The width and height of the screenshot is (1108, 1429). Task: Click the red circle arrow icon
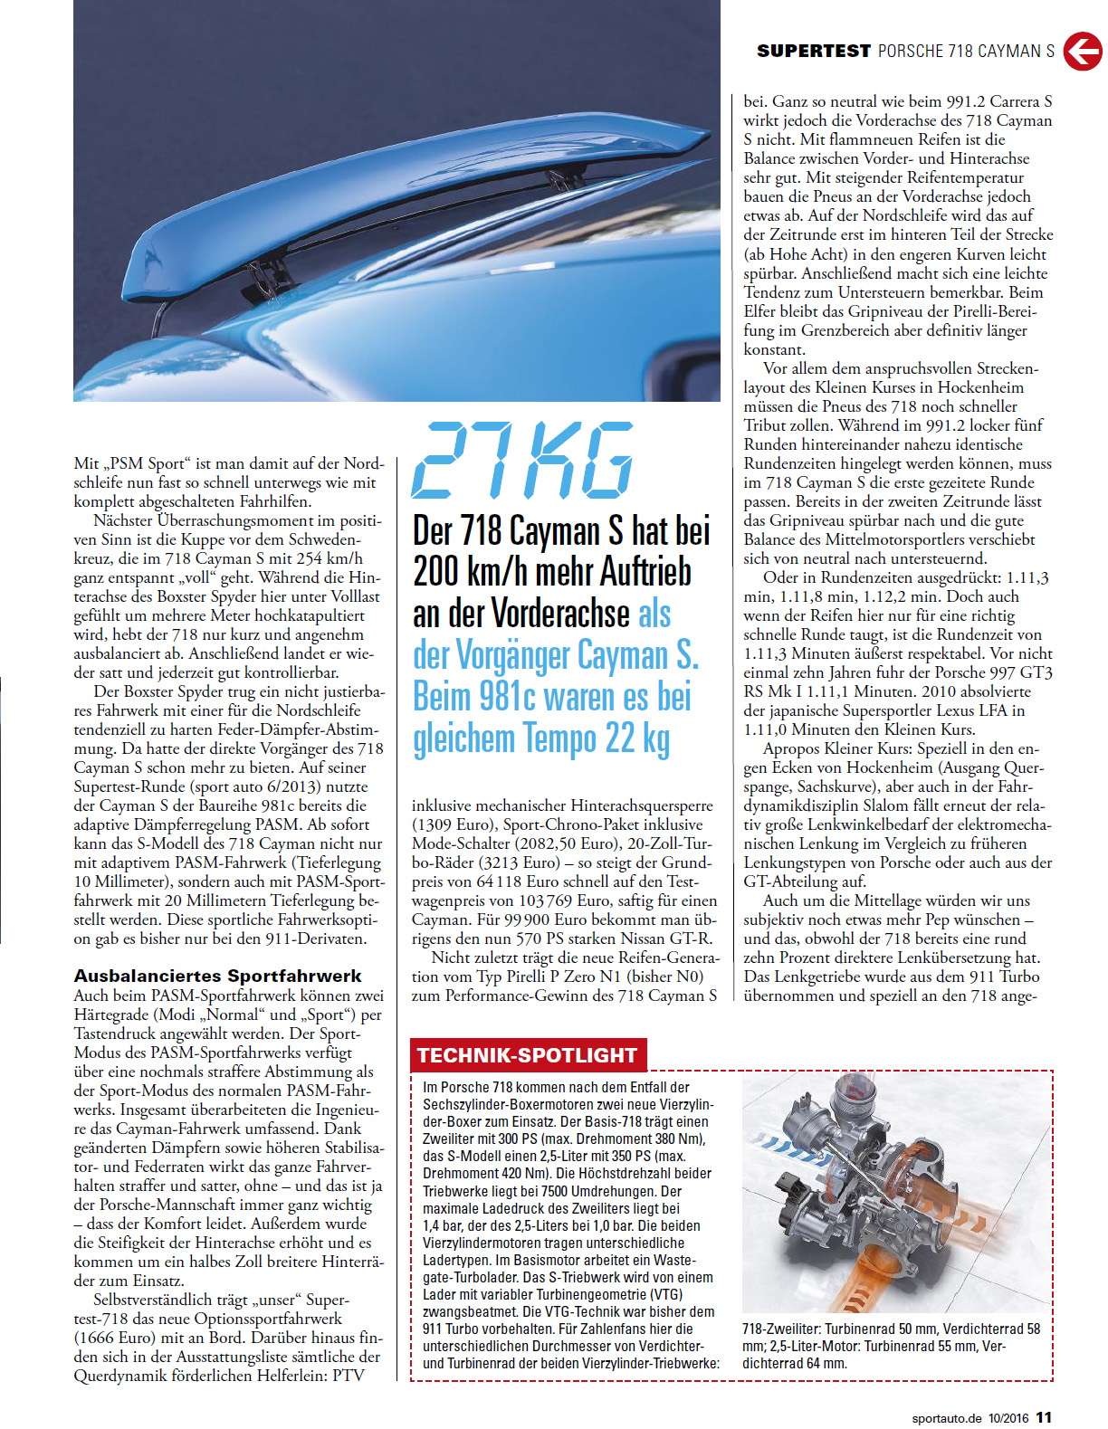[x=1082, y=52]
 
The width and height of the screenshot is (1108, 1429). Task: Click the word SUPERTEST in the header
[x=813, y=52]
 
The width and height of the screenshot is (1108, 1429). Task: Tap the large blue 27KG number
[x=523, y=460]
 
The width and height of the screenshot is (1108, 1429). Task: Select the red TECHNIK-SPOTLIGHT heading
[x=528, y=1055]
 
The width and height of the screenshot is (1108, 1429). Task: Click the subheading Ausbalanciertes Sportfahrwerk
[x=217, y=976]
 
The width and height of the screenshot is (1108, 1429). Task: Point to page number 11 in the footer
[x=1044, y=1417]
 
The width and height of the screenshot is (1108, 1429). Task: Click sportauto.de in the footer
[x=946, y=1418]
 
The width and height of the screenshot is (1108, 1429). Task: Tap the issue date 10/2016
[x=1008, y=1418]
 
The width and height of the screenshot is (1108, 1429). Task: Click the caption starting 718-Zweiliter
[x=891, y=1346]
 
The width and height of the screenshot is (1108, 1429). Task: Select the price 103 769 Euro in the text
[x=644, y=900]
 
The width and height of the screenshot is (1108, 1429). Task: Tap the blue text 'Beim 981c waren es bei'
[x=551, y=697]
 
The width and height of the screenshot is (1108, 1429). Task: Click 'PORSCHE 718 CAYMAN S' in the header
[x=966, y=52]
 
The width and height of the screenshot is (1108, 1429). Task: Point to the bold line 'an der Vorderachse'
[x=521, y=614]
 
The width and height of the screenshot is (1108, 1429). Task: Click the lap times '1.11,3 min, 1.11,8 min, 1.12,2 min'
[x=896, y=587]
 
